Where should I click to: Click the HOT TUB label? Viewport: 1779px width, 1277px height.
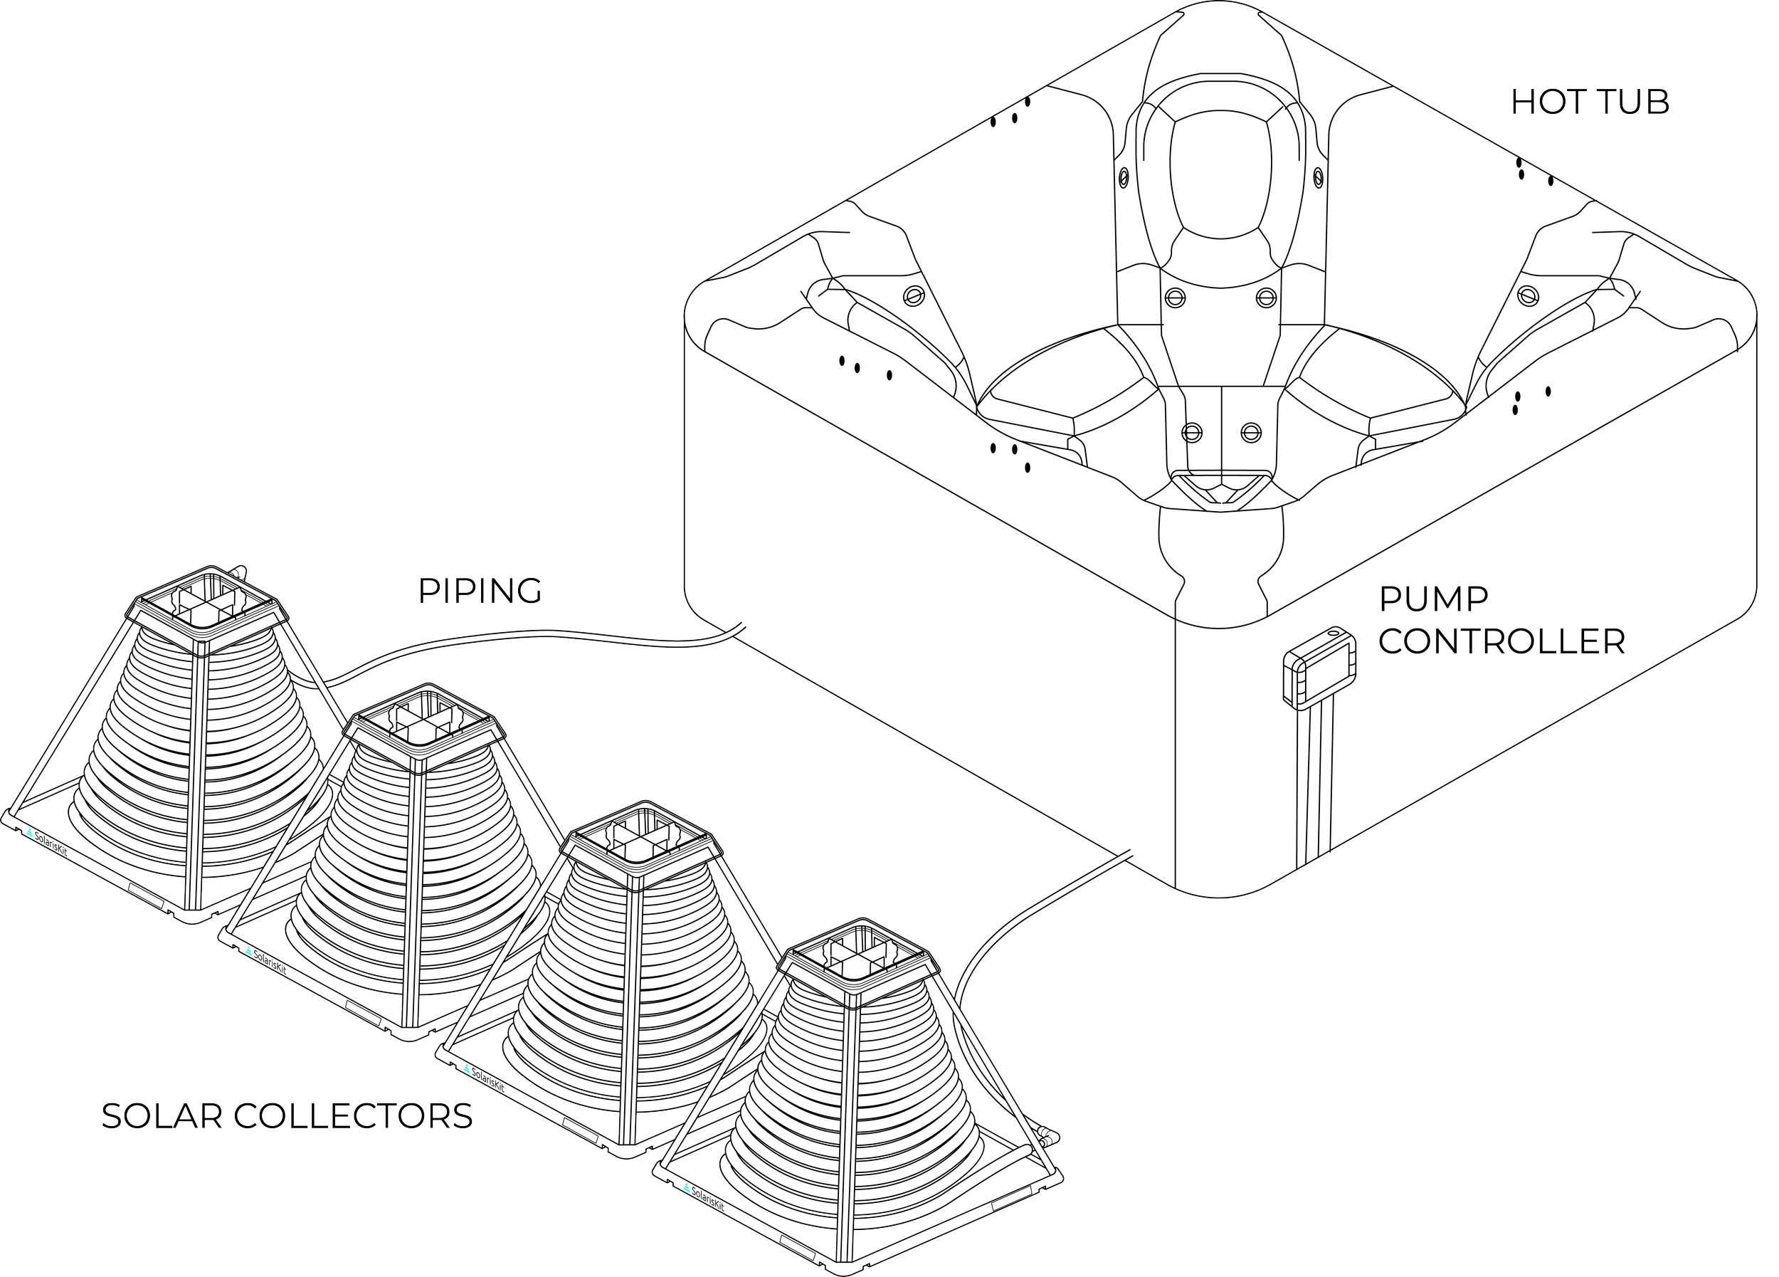1589,103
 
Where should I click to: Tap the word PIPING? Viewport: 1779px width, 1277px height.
480,592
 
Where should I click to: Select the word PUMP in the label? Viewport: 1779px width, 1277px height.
1433,599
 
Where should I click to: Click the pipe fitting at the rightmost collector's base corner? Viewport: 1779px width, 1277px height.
1047,1135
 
